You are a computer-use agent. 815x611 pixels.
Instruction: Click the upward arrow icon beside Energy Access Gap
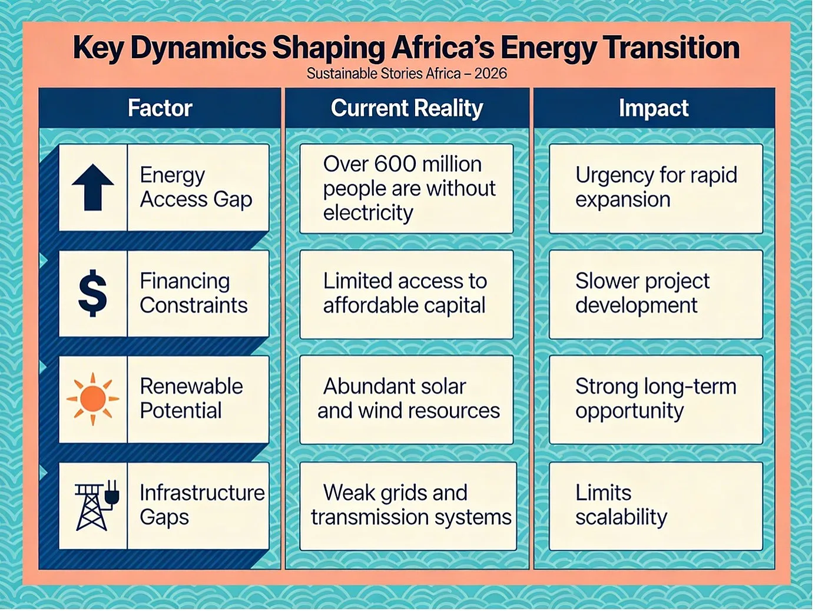(93, 187)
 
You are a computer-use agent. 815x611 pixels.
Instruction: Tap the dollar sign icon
(92, 293)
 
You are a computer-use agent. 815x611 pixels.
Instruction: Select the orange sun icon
(93, 399)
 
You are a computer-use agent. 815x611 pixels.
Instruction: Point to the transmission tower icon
(97, 506)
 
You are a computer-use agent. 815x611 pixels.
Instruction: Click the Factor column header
(160, 108)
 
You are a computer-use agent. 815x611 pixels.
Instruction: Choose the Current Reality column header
(407, 108)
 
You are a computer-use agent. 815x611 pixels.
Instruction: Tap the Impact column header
(654, 108)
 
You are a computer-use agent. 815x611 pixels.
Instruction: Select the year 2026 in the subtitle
(491, 74)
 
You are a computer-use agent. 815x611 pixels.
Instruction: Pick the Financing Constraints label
(194, 294)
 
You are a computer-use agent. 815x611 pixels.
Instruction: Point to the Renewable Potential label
(191, 399)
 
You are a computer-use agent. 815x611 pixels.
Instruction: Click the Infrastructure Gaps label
(202, 505)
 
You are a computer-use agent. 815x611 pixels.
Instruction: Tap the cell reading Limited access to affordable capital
(406, 294)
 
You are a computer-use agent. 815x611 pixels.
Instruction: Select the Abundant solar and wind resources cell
(406, 400)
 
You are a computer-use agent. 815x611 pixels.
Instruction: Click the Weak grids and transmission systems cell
(408, 506)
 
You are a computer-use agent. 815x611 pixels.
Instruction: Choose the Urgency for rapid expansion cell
(656, 189)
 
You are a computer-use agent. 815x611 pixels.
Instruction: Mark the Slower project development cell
(656, 294)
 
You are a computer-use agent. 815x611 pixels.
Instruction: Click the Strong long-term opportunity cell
(656, 400)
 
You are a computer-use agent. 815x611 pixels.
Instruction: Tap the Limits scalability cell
(656, 506)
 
